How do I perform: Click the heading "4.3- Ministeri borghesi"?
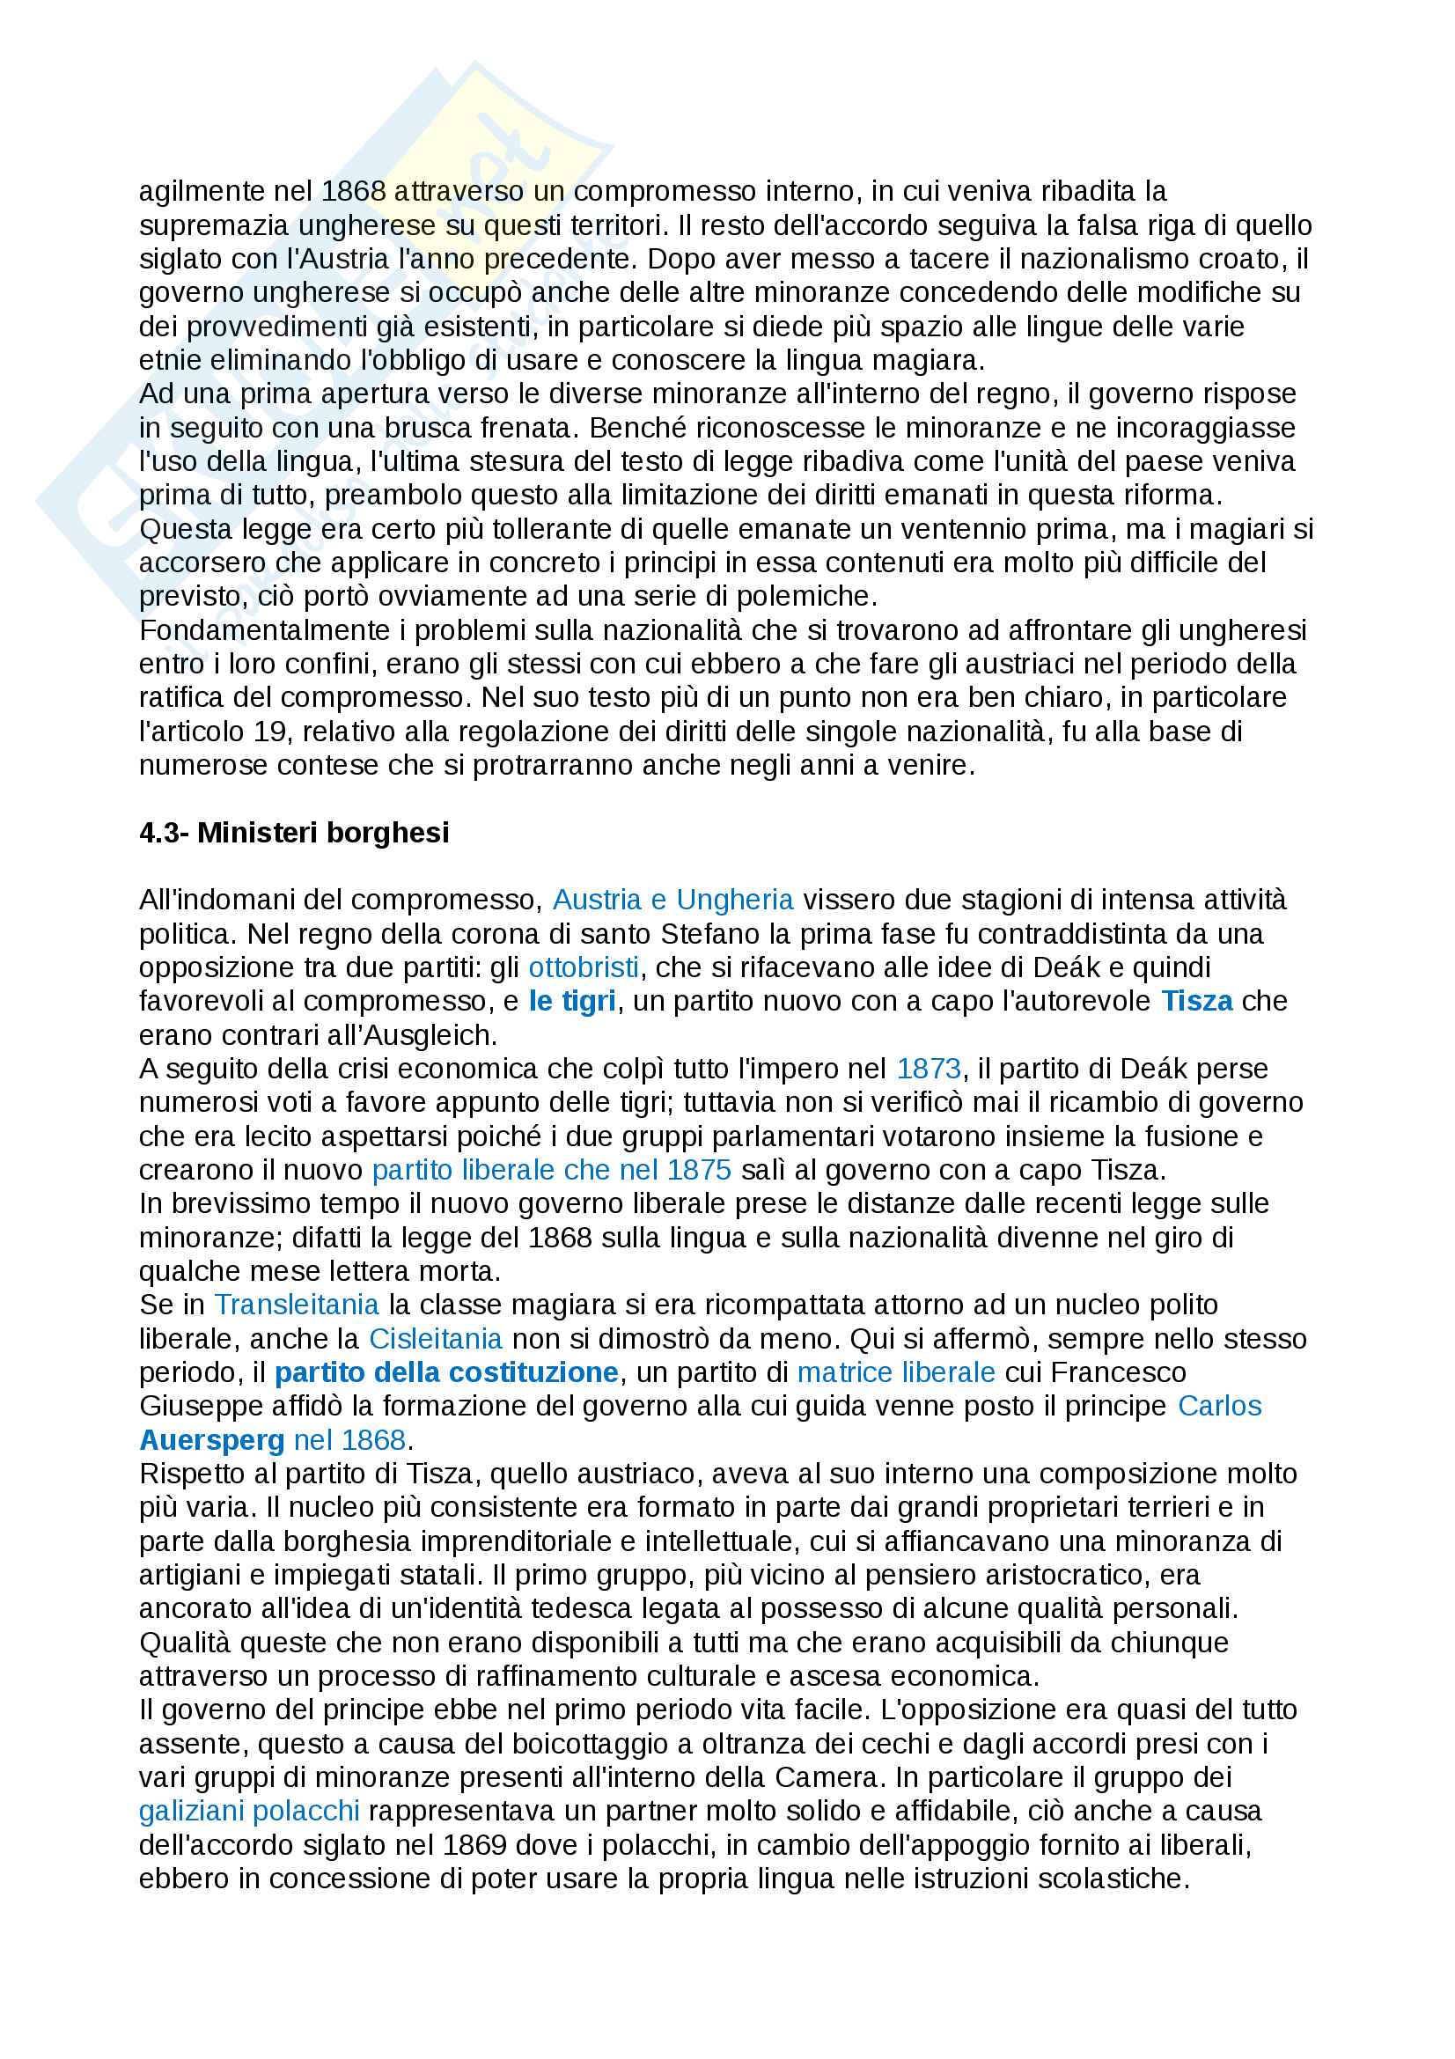293,832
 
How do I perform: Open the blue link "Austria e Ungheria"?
672,900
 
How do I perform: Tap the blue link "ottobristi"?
584,967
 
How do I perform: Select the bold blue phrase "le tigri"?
572,1001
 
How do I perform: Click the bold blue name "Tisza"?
1196,1001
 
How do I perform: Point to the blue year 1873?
928,1069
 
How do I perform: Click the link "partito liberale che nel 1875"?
551,1170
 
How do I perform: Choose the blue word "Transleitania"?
296,1305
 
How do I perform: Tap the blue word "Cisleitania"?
435,1339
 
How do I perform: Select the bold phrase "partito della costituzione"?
445,1373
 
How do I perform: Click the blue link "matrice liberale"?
895,1373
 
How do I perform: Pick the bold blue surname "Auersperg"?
211,1440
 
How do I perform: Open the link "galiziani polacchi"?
249,1812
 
